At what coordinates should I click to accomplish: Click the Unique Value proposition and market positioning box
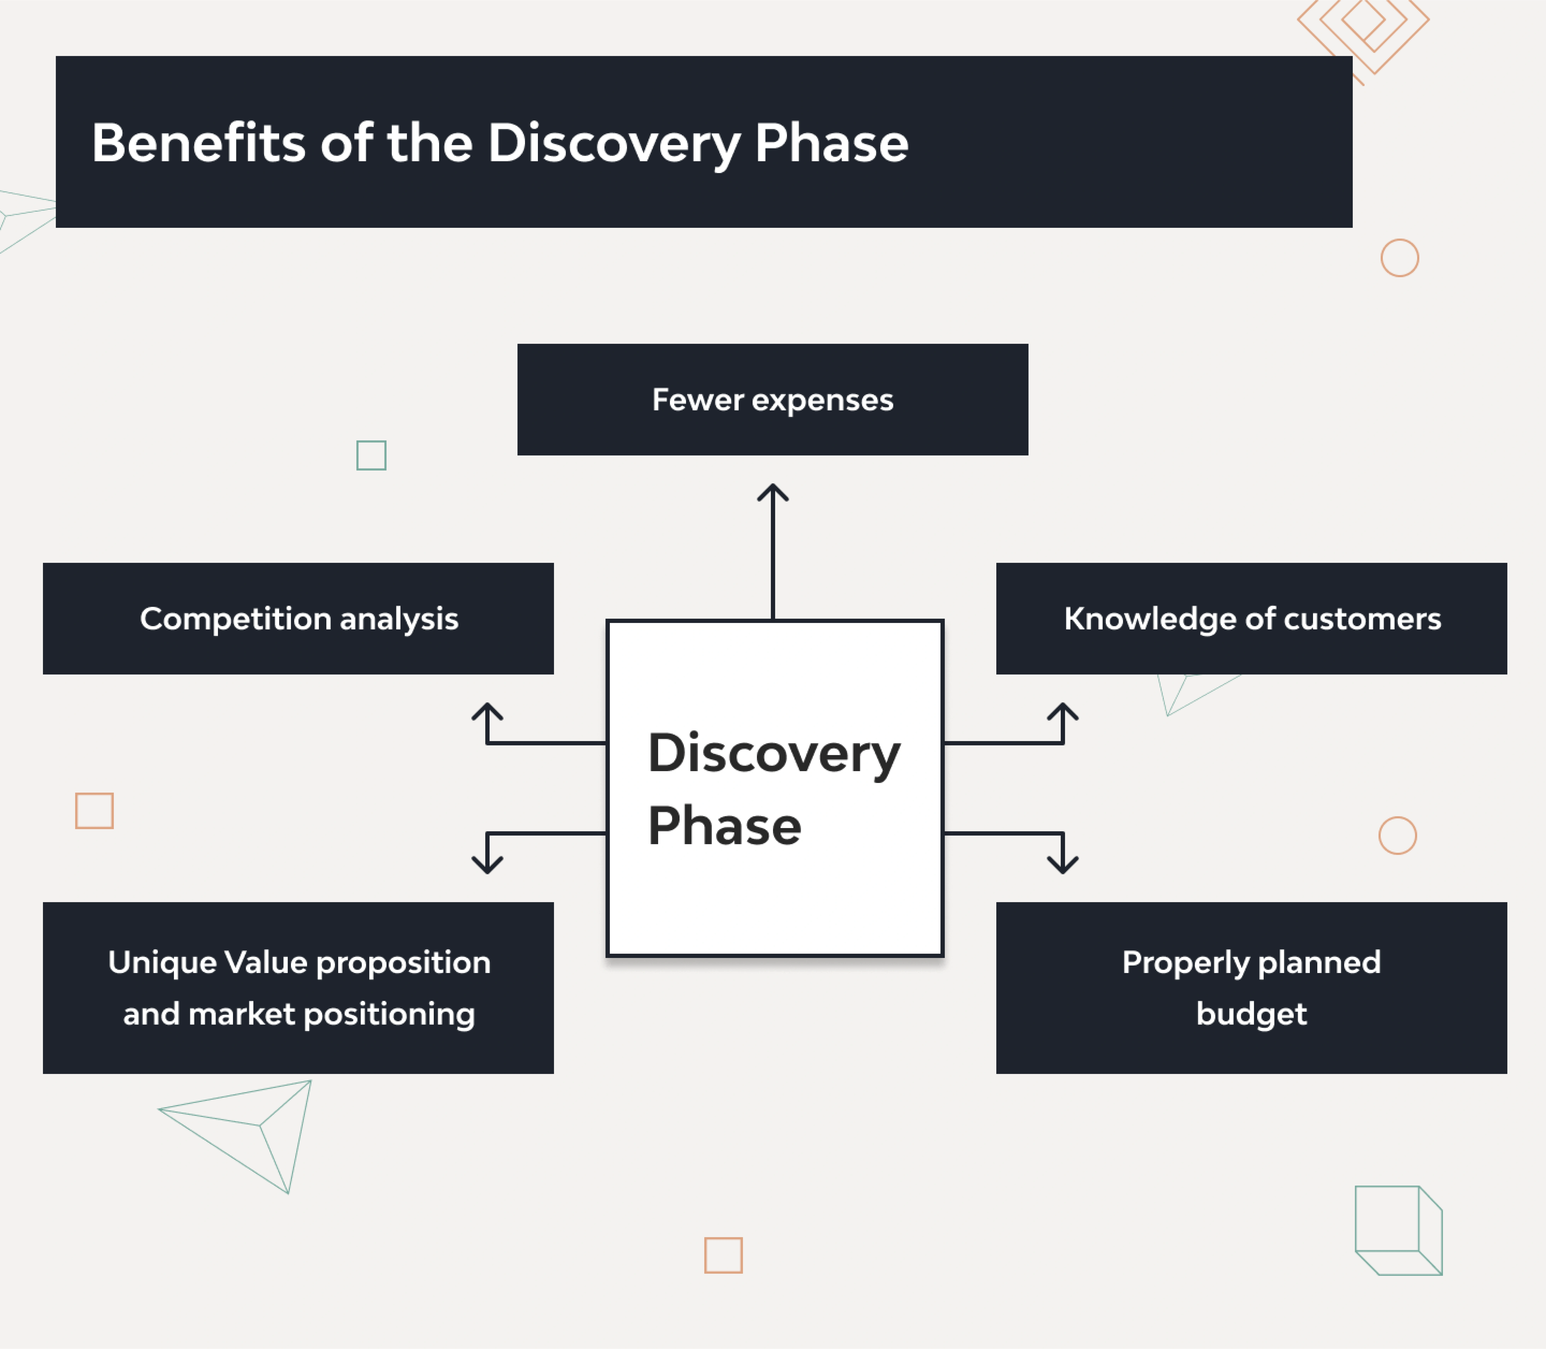tap(298, 988)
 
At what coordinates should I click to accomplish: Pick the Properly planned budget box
tap(1251, 988)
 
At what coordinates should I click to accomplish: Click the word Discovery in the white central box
tap(774, 753)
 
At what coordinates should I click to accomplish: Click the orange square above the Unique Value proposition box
tap(94, 811)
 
